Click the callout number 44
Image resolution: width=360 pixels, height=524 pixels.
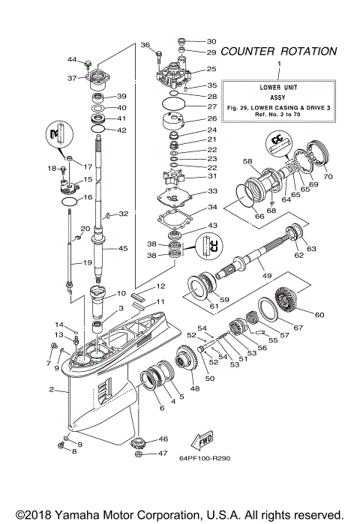pyautogui.click(x=72, y=59)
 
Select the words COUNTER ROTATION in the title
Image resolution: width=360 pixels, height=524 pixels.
pyautogui.click(x=279, y=52)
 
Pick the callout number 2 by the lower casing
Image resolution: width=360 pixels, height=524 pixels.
pyautogui.click(x=51, y=390)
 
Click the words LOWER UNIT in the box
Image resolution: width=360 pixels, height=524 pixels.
pyautogui.click(x=279, y=87)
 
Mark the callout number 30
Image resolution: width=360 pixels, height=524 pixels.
pyautogui.click(x=211, y=41)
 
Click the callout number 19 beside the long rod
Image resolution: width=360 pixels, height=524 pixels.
pyautogui.click(x=88, y=262)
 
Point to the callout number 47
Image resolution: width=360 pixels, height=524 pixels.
pyautogui.click(x=163, y=454)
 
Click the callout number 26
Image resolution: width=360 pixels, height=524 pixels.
pyautogui.click(x=211, y=118)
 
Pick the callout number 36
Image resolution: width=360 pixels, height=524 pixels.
pyautogui.click(x=145, y=44)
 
